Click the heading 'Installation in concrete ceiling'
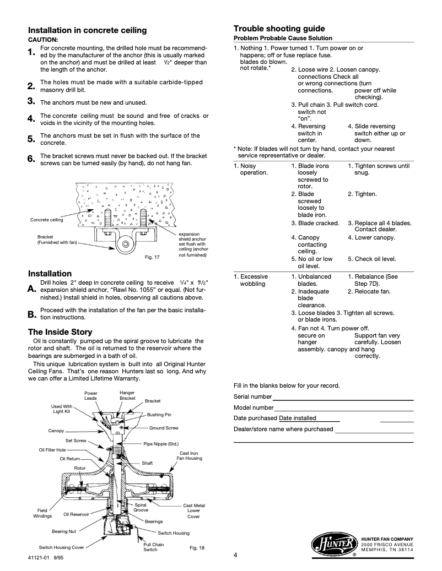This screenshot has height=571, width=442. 87,30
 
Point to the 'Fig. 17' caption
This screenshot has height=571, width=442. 152,257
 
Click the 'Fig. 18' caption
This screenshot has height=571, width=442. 197,547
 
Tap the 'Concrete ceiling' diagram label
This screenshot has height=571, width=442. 46,220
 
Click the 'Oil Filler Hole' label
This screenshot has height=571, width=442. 52,450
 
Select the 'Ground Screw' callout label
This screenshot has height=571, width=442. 164,428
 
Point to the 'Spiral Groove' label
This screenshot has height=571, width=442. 141,508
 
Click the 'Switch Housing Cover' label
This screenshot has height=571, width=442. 61,547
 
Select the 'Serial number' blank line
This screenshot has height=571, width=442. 343,398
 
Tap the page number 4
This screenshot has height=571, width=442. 235,554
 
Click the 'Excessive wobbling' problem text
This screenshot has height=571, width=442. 251,280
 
